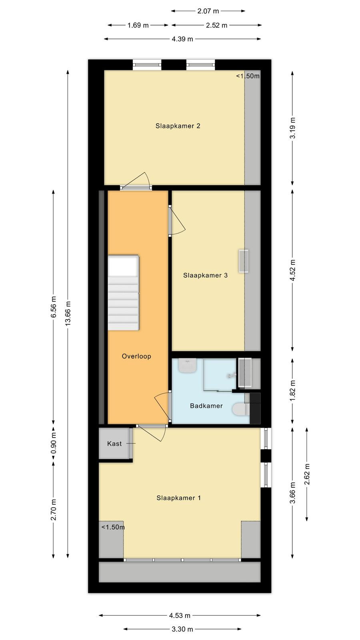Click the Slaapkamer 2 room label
click(178, 126)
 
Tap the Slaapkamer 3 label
click(206, 275)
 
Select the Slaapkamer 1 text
click(178, 498)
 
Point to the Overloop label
click(136, 356)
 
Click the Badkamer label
click(206, 406)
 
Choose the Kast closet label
click(114, 444)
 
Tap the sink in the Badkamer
click(188, 366)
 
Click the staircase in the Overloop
click(124, 293)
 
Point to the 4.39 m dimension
click(182, 39)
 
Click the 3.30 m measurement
click(182, 629)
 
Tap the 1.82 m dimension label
click(292, 390)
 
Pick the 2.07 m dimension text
click(208, 11)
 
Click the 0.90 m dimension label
click(54, 443)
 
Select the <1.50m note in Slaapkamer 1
click(113, 527)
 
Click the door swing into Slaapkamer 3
click(177, 220)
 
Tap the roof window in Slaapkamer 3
click(244, 261)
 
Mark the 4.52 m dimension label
click(292, 270)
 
